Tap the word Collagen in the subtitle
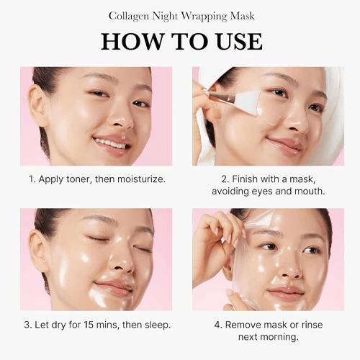coord(129,17)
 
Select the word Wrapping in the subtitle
coord(204,17)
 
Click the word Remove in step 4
coord(243,325)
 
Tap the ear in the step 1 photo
coord(37,106)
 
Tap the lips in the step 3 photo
coord(113,287)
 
